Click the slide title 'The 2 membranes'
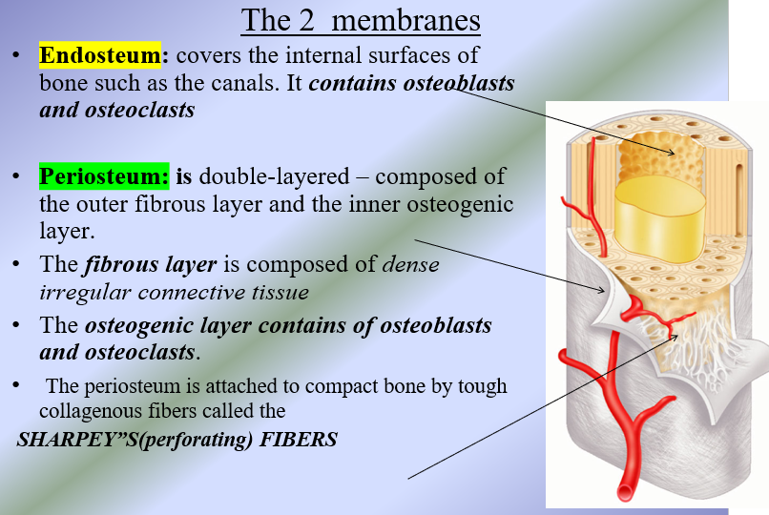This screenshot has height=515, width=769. [x=360, y=19]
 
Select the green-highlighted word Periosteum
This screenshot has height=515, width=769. [x=103, y=176]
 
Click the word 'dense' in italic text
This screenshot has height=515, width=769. [x=410, y=265]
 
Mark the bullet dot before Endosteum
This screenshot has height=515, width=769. [x=15, y=55]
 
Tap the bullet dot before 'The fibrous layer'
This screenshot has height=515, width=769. [x=15, y=264]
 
